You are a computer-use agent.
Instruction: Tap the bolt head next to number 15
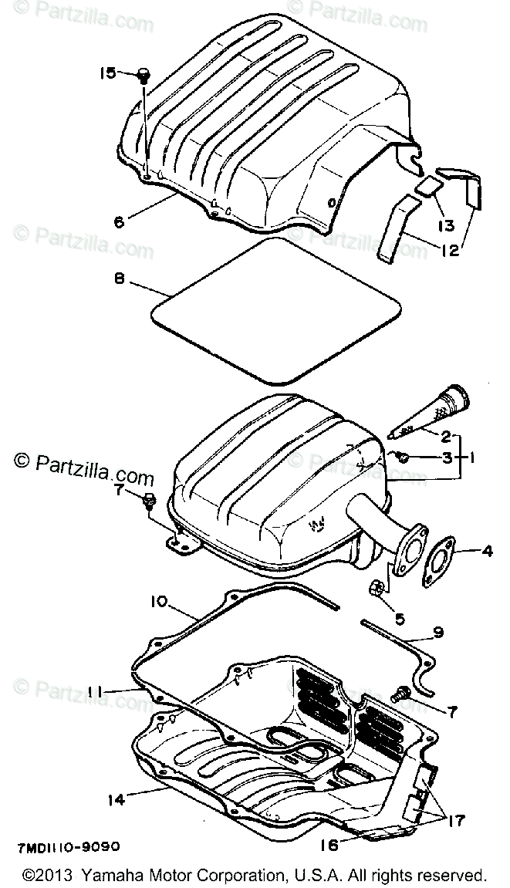(143, 75)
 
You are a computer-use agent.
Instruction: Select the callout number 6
(118, 222)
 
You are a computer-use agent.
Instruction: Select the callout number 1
(471, 457)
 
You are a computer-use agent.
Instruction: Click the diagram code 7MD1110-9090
(67, 825)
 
